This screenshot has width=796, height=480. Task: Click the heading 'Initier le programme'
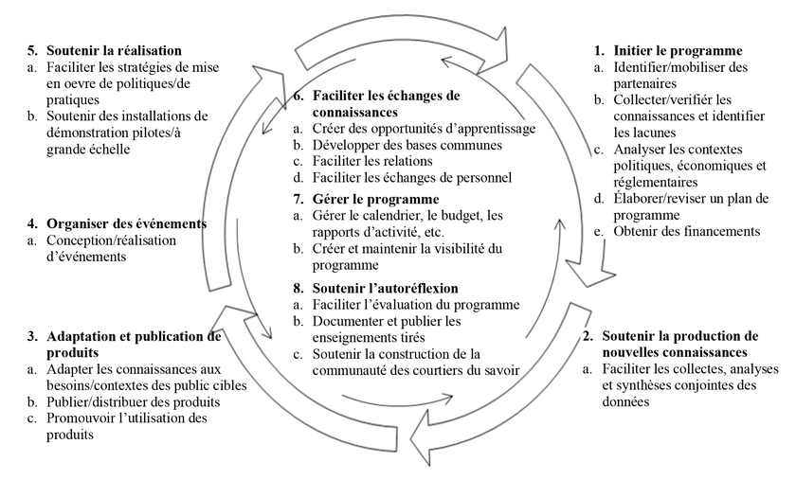(678, 51)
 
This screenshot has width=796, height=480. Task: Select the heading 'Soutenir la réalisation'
(115, 51)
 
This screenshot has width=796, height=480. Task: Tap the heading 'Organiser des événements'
(126, 223)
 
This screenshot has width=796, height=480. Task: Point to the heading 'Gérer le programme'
(375, 199)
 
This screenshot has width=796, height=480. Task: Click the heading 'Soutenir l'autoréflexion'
(386, 288)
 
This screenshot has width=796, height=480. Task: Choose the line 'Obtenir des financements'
(687, 231)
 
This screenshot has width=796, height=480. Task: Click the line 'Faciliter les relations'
(372, 161)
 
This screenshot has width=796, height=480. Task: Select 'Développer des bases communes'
(407, 145)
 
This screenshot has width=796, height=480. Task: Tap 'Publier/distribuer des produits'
(134, 402)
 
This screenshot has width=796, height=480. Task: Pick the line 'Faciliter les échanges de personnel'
(411, 178)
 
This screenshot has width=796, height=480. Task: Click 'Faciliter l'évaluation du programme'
(416, 305)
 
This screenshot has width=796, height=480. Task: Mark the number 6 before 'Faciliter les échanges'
(297, 96)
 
